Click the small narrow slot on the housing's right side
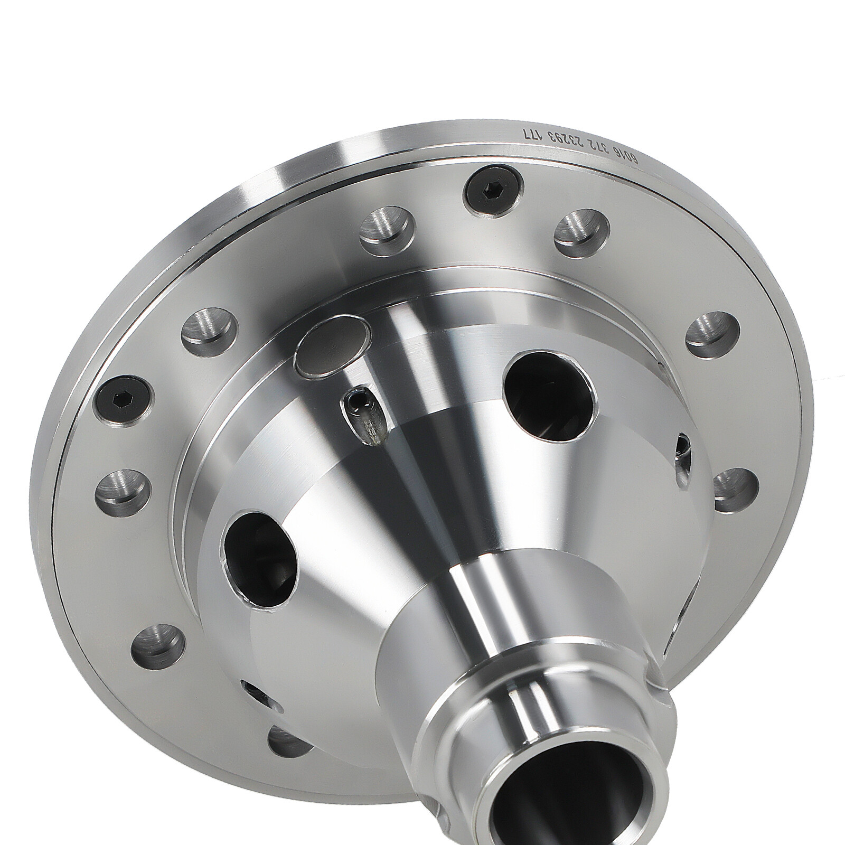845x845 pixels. [683, 452]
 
